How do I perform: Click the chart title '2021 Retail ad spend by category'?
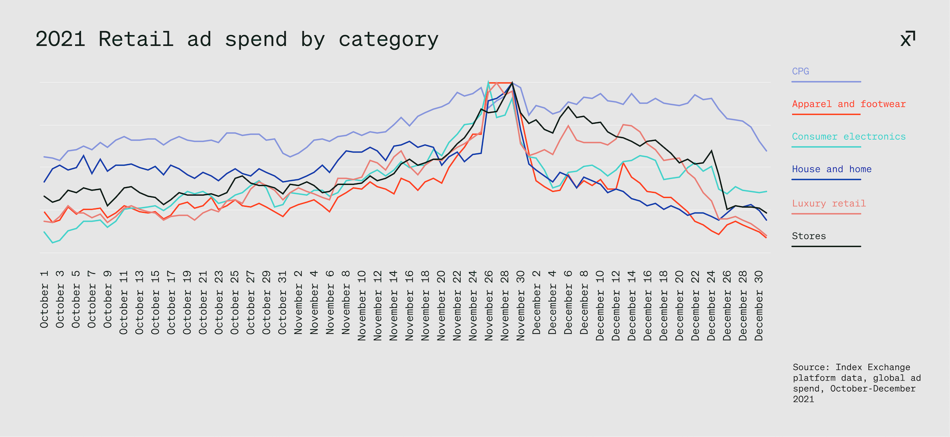(x=237, y=39)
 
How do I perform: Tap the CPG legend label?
(x=800, y=71)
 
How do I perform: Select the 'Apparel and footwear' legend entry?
(x=848, y=104)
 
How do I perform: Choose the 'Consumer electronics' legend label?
(x=848, y=137)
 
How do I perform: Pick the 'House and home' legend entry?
(x=831, y=169)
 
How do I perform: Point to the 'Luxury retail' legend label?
(x=828, y=203)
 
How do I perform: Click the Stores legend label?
(x=809, y=236)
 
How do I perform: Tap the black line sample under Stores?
(x=826, y=246)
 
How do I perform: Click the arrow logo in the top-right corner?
(x=908, y=39)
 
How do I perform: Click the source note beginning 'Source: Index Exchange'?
(x=856, y=383)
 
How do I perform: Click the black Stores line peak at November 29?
(x=512, y=83)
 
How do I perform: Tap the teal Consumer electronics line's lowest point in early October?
(x=52, y=242)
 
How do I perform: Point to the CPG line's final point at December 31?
(x=767, y=151)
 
